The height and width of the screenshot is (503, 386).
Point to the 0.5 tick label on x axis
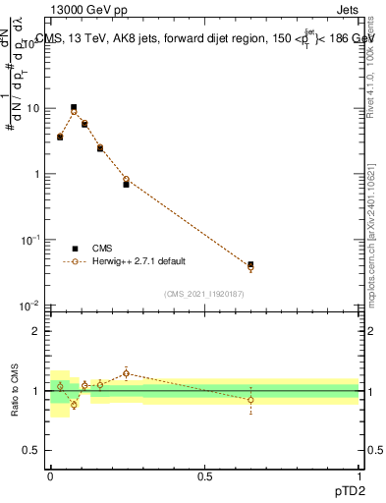tap(204, 476)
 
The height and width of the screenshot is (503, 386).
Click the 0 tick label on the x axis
tap(50, 476)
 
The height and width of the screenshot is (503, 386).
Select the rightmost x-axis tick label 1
tap(358, 476)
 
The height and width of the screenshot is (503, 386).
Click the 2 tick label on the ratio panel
tap(39, 331)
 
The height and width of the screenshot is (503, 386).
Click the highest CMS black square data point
tap(74, 107)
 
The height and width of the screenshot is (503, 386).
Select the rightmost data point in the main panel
tap(250, 265)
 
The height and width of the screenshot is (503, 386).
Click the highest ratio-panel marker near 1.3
tap(126, 373)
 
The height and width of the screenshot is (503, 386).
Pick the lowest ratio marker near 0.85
tap(74, 405)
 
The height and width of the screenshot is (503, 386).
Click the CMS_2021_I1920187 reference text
tap(204, 294)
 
